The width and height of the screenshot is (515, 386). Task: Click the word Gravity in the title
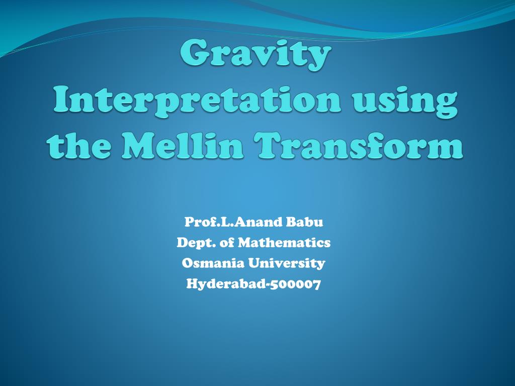[256, 55]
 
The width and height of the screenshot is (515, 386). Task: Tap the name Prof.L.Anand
[225, 222]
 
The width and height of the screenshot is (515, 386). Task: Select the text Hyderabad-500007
[253, 284]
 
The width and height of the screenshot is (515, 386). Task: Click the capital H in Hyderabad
[192, 284]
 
